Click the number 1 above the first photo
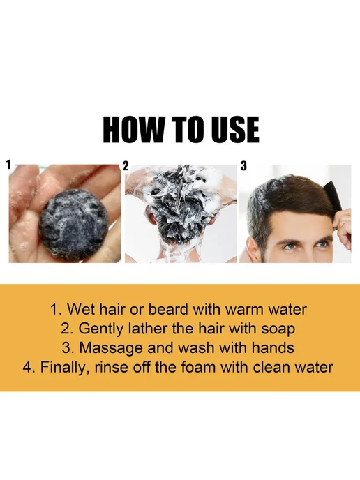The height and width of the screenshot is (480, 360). click(x=9, y=165)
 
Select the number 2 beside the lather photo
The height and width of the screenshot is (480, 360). click(x=126, y=165)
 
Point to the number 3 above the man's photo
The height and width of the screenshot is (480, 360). click(x=243, y=165)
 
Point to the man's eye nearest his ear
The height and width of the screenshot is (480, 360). click(x=290, y=245)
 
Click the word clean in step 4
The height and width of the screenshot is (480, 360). click(x=271, y=367)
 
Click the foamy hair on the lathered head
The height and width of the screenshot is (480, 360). click(x=180, y=204)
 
